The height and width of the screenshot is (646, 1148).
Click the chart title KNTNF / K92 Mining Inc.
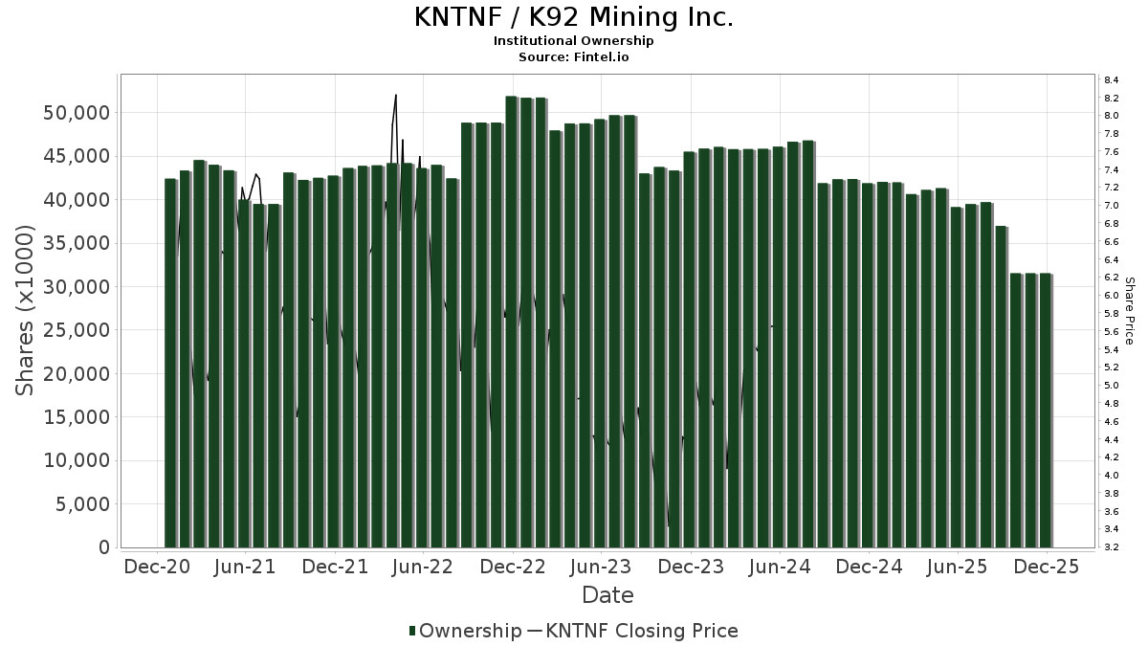point(574,18)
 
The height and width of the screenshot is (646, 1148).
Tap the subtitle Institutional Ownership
point(574,41)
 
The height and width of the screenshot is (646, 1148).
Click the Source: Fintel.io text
point(574,57)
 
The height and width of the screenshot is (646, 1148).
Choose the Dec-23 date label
point(691,567)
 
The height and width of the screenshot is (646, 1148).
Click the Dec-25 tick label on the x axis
point(1047,567)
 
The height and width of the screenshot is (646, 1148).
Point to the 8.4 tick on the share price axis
point(1112,79)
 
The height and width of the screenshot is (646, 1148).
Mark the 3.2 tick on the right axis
point(1112,547)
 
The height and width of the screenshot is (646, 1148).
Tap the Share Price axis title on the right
point(1130,310)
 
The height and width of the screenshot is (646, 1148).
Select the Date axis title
point(607,595)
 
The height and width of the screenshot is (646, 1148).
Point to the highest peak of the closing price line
point(395,96)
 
